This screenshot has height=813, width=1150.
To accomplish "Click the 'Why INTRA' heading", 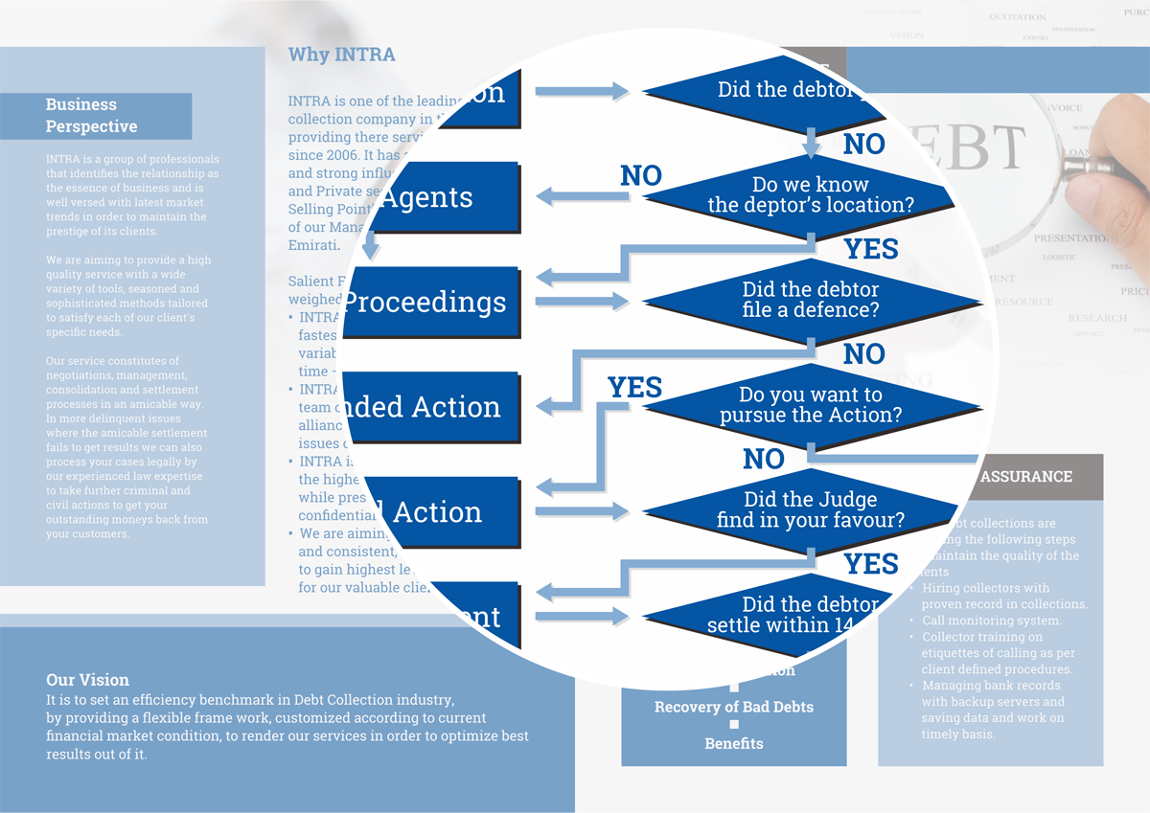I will click(341, 55).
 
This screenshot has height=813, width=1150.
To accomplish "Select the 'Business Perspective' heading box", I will click(96, 116).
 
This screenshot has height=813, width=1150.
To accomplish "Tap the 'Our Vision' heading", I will click(87, 680).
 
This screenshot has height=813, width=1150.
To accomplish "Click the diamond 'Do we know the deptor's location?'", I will click(810, 194).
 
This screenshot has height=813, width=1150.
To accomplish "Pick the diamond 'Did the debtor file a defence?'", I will click(810, 300).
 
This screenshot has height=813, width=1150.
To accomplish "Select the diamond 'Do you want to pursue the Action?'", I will click(810, 405).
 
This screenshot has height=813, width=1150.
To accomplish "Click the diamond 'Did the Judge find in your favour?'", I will click(810, 510).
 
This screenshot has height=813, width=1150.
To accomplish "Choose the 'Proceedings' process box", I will click(431, 303).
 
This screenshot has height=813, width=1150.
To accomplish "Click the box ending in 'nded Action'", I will click(431, 407).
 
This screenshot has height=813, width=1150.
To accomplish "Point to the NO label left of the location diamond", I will click(641, 176).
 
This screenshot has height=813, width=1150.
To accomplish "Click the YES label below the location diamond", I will click(870, 249).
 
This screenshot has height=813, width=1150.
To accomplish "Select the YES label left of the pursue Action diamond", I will click(634, 388).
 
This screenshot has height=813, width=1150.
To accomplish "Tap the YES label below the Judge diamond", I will click(870, 563).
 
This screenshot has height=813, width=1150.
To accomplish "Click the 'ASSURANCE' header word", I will click(1026, 477).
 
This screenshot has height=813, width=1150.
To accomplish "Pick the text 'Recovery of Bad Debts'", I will click(734, 708).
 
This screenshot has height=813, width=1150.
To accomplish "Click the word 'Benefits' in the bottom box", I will click(734, 744).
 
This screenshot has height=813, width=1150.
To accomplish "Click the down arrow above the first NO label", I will click(812, 143).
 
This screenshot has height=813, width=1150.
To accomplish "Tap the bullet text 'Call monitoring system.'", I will click(991, 621).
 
